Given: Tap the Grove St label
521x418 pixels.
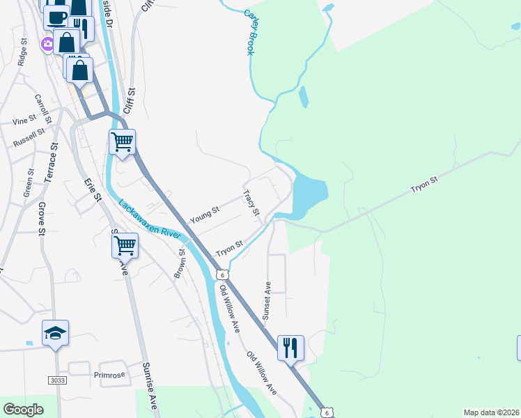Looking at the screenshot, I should [42, 218].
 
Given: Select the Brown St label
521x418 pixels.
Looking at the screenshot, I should [179, 263].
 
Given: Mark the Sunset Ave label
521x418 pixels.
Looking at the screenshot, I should [266, 301].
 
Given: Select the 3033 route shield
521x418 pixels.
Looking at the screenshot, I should [58, 380].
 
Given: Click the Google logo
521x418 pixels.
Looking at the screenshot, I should [24, 410].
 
